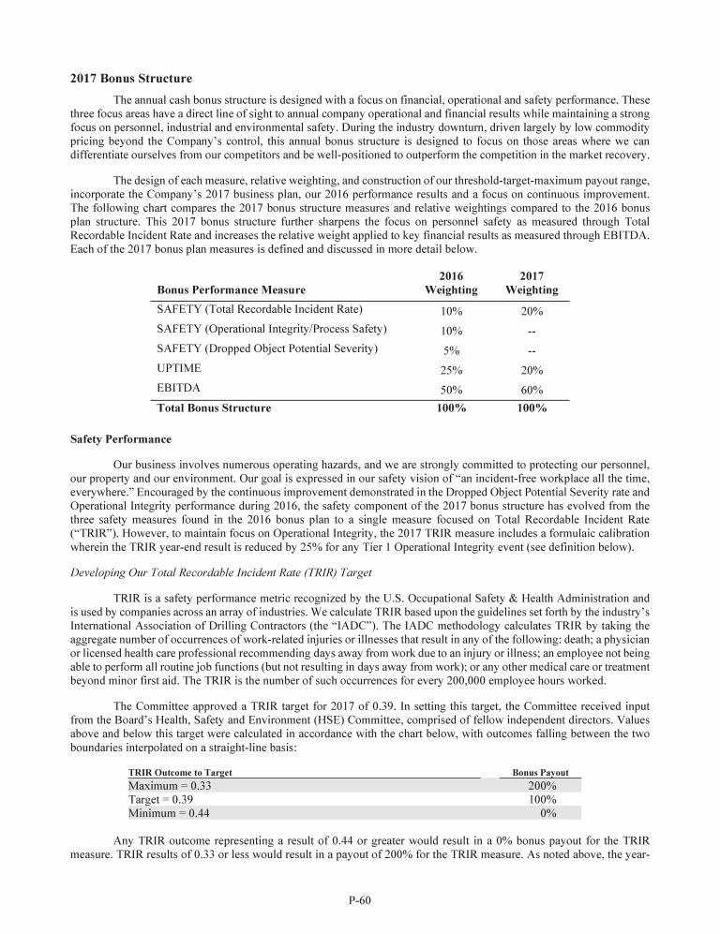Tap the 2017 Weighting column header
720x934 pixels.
(x=532, y=284)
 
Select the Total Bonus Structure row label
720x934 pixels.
(x=215, y=408)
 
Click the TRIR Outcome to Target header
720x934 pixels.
(x=180, y=773)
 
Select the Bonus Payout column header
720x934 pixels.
(x=540, y=773)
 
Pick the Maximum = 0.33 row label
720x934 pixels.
(x=170, y=786)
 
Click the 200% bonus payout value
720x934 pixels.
(x=542, y=786)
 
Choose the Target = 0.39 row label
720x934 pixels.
(x=162, y=800)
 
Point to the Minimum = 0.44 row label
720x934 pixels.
(x=169, y=814)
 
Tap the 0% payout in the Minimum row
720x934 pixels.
(x=548, y=814)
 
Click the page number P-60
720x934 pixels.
(x=360, y=900)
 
